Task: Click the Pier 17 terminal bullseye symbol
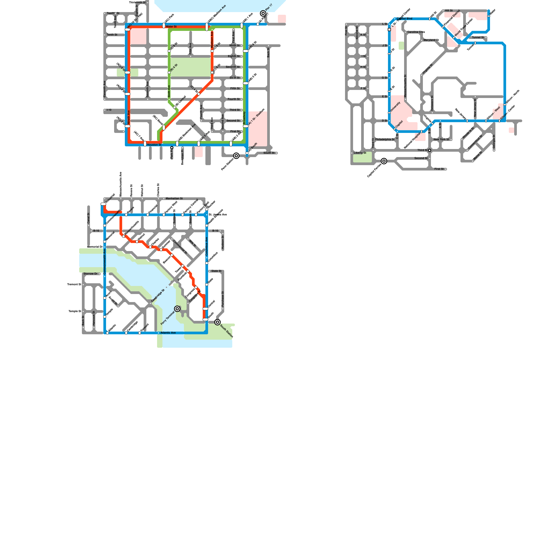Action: click(x=263, y=13)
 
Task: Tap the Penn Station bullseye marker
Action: click(x=236, y=156)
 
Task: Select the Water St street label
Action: click(x=171, y=27)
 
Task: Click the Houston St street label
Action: click(x=154, y=145)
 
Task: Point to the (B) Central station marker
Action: click(x=175, y=107)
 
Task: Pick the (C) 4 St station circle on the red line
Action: click(x=199, y=94)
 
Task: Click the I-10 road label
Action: click(x=109, y=110)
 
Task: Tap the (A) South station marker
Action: click(x=247, y=153)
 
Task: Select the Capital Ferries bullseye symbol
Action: click(x=384, y=161)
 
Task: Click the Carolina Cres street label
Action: click(x=416, y=32)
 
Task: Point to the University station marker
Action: click(x=389, y=113)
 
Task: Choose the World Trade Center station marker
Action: click(x=454, y=38)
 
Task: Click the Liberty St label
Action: click(x=360, y=153)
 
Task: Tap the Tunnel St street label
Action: click(x=478, y=38)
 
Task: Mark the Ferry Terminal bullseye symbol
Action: click(x=177, y=309)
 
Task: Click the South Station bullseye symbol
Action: click(x=217, y=322)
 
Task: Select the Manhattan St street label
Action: click(x=174, y=199)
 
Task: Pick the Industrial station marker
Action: click(x=103, y=204)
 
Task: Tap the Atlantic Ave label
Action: click(x=168, y=333)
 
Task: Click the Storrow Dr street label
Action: click(x=90, y=274)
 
